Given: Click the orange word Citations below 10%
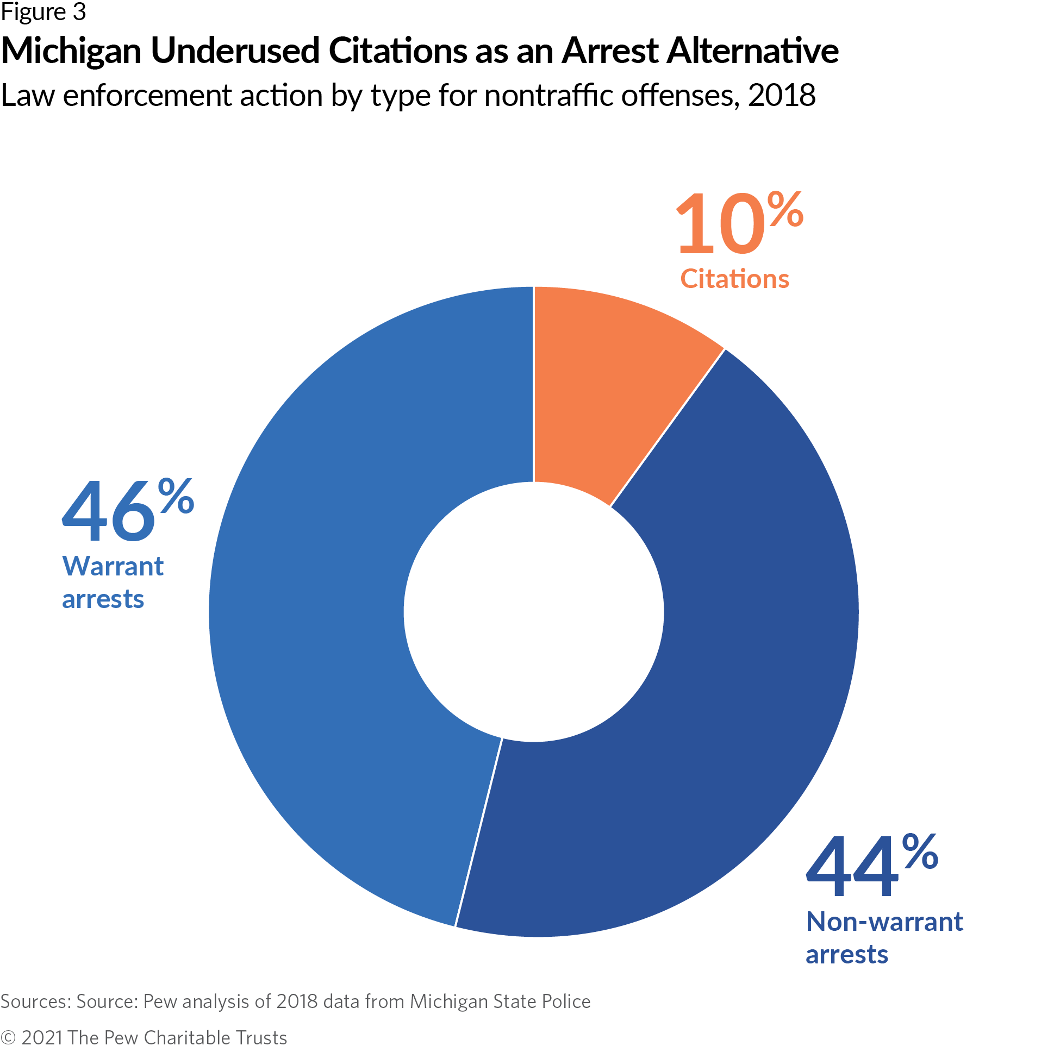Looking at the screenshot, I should coord(734,279).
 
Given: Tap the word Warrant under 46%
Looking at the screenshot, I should coord(113,566).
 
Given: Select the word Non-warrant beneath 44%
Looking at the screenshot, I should coord(884,922).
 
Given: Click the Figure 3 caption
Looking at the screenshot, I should coord(43,12).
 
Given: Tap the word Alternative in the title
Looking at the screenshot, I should coord(752,51).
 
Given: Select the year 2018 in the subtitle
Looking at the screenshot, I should coord(781,96).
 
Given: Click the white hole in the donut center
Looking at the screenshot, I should coord(533,611).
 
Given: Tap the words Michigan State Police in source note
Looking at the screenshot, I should coord(500,1001).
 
